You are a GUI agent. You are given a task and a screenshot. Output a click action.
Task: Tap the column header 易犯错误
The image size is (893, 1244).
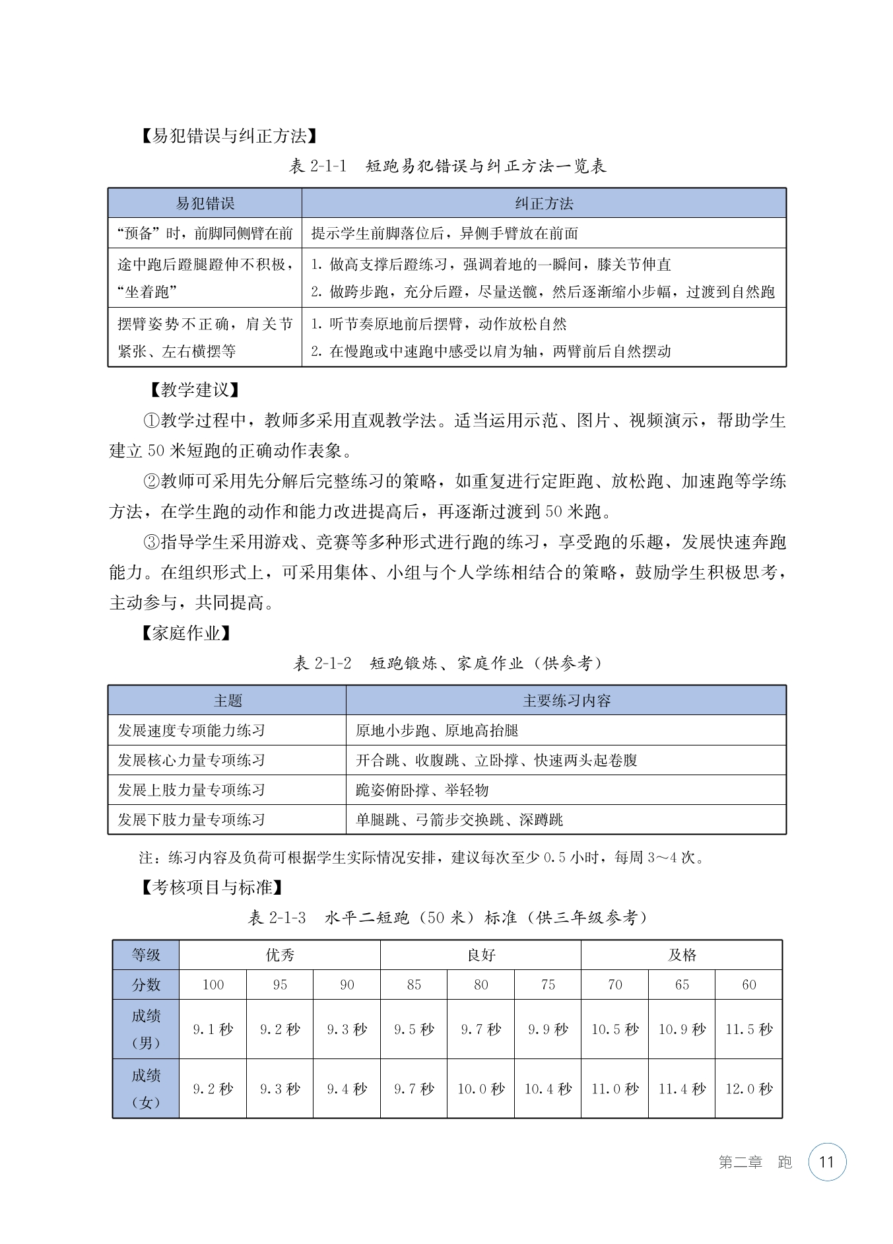click(x=205, y=203)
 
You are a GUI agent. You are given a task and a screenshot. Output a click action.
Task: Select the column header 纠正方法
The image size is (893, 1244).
click(x=544, y=203)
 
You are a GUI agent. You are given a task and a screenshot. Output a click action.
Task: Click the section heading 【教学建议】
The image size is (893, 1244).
click(x=192, y=390)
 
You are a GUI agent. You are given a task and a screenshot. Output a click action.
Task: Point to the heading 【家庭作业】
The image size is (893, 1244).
click(x=187, y=633)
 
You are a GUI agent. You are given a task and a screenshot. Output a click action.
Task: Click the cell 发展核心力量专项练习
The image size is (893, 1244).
click(x=191, y=760)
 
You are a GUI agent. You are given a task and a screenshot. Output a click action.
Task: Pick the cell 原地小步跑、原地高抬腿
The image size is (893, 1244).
click(x=436, y=730)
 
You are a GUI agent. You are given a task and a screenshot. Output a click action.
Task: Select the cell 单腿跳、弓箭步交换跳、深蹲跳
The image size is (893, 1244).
click(x=459, y=820)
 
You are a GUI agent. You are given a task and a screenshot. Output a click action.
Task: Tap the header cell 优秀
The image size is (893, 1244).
click(x=280, y=955)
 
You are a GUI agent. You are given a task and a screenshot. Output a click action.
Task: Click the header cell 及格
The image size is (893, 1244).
click(x=682, y=955)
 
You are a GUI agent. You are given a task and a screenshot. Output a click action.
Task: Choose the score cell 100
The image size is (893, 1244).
click(x=213, y=985)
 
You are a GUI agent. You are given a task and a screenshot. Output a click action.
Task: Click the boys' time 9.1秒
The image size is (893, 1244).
click(x=213, y=1029)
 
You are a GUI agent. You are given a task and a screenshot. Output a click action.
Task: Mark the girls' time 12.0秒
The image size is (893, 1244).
click(x=748, y=1089)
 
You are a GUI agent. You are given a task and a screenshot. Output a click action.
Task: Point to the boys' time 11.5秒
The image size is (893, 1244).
click(x=748, y=1029)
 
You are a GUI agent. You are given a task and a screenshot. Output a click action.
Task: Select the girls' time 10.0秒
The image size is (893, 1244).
click(x=480, y=1089)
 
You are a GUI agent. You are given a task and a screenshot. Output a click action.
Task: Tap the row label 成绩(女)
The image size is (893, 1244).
click(x=146, y=1088)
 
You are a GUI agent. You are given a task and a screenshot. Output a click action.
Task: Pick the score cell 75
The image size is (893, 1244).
click(x=548, y=985)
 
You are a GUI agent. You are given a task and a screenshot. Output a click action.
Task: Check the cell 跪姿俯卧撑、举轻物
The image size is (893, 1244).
click(x=422, y=790)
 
